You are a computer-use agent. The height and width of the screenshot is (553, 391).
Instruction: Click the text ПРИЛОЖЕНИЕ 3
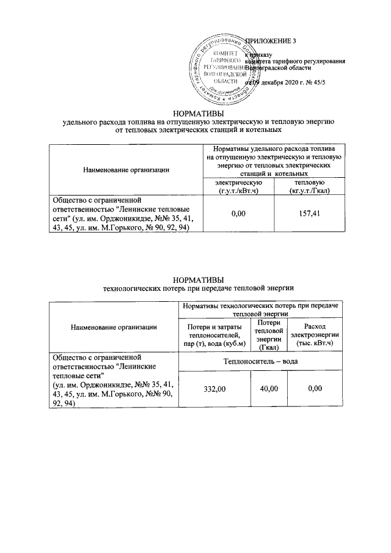[269, 41]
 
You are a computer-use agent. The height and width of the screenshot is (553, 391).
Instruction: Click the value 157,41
[308, 213]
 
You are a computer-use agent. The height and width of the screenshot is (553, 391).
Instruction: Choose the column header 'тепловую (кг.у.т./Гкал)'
[309, 187]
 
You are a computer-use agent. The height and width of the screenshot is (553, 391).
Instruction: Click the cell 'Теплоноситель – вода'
[263, 362]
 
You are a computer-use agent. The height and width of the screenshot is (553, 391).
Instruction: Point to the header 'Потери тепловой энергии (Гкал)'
[269, 335]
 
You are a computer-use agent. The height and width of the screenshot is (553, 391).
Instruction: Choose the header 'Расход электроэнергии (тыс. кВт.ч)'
[315, 335]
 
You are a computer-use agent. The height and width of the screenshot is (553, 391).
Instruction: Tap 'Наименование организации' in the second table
[114, 327]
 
